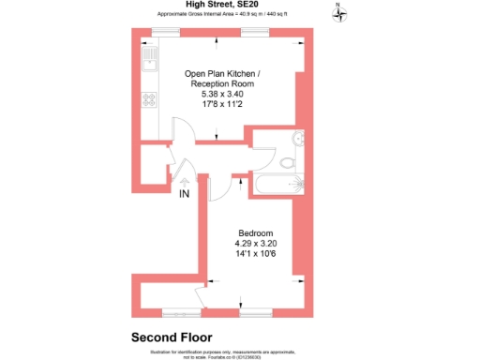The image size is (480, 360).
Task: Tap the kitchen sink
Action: (148, 63)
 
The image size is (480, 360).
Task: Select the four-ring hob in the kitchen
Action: (148, 99)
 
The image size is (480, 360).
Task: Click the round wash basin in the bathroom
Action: (298, 140)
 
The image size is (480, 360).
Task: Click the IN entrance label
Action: (184, 195)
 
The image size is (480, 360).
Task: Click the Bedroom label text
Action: (256, 232)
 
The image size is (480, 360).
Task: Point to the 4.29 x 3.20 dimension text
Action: (256, 243)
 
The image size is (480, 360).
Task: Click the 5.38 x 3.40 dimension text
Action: (217, 94)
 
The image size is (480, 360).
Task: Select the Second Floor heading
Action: (171, 337)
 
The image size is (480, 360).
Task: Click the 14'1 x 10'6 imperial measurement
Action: (256, 253)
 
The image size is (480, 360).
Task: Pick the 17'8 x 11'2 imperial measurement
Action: (217, 104)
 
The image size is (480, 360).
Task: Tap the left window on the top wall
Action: (166, 32)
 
